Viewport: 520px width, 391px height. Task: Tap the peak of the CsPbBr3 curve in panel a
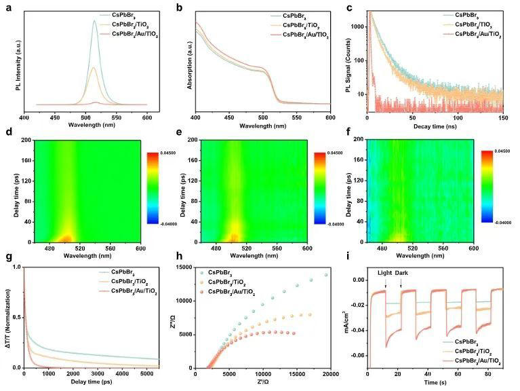(x=94, y=20)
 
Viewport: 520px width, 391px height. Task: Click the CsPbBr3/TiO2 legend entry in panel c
(x=479, y=22)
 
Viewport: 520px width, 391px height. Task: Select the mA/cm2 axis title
(x=352, y=317)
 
